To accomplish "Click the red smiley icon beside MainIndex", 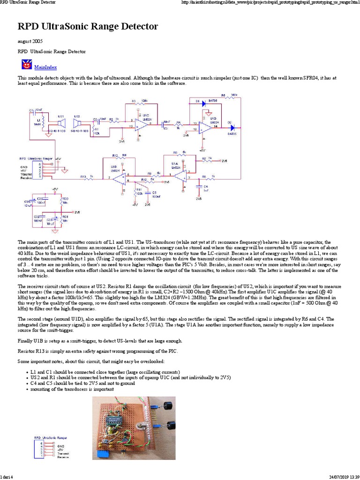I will click(26, 65).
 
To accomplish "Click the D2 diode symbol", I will click(232, 127).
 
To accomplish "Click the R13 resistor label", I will click(82, 176).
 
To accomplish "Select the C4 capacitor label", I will click(205, 187).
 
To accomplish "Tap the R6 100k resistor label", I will click(224, 95).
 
